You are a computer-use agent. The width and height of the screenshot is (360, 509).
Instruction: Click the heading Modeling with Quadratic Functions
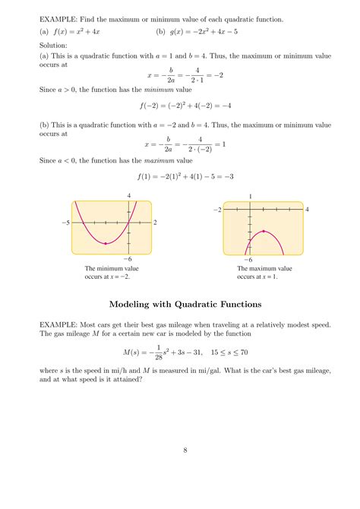185,304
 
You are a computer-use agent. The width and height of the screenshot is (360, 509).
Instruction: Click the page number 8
185,450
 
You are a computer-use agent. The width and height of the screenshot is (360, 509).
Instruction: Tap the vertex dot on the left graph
106,243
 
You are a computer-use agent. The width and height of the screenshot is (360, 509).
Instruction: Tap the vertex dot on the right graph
264,231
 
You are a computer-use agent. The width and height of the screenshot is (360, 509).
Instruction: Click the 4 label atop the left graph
129,196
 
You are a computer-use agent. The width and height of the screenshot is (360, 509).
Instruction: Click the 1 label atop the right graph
250,196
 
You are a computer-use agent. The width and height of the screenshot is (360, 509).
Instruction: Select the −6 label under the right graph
248,261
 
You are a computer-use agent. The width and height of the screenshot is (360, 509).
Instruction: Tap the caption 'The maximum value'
264,269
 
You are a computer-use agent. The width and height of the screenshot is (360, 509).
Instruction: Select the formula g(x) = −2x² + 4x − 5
202,33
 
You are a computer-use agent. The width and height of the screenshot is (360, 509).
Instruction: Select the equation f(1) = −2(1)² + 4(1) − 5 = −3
185,176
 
